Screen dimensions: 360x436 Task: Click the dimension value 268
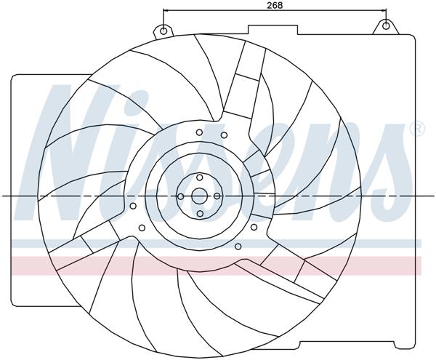tap(274, 5)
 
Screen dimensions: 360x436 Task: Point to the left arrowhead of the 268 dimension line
tap(166, 12)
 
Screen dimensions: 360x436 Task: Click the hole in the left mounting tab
tap(164, 31)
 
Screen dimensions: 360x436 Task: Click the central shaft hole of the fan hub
tap(199, 196)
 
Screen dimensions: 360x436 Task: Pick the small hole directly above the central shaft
tap(199, 178)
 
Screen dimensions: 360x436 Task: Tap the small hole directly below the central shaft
tap(199, 214)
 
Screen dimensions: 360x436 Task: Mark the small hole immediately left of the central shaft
tap(181, 196)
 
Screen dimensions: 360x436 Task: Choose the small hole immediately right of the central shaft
tap(217, 196)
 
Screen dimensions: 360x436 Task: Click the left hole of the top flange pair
tap(199, 132)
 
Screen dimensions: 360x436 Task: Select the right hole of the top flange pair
tap(224, 135)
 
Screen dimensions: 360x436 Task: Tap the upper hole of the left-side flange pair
tap(133, 206)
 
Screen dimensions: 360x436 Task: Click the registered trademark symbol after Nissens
tap(417, 129)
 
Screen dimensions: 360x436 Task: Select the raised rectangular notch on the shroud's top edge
tap(272, 29)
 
